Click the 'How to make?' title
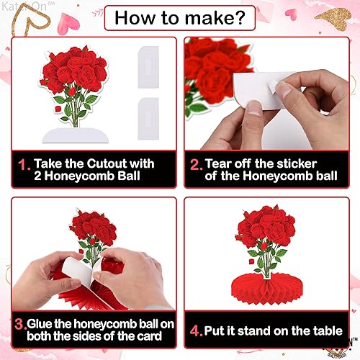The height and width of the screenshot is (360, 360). (179, 16)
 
